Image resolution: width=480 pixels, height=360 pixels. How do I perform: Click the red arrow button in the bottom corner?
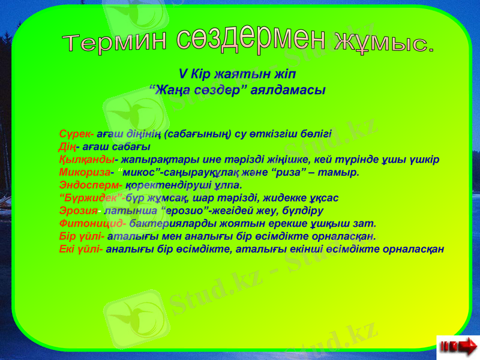pyautogui.click(x=458, y=346)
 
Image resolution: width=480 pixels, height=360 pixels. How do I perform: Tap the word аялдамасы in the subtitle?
pyautogui.click(x=287, y=90)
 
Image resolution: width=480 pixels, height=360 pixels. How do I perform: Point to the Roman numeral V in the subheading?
pyautogui.click(x=182, y=74)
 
